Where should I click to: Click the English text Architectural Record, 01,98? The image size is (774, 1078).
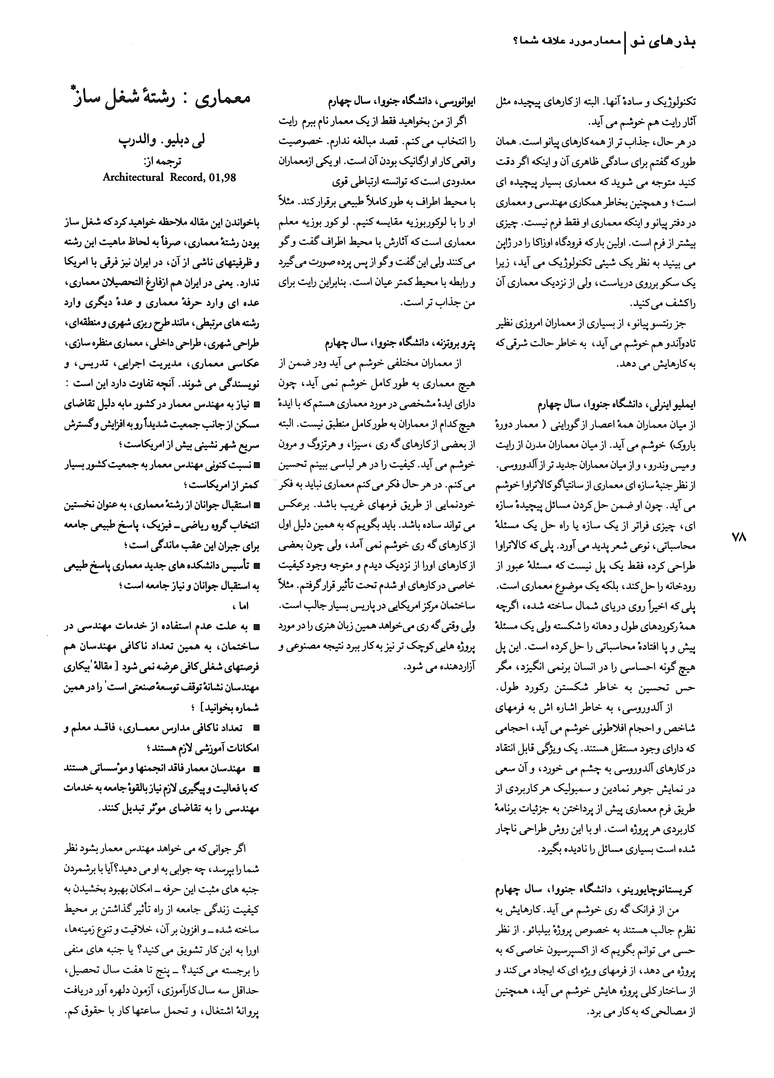point(170,177)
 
